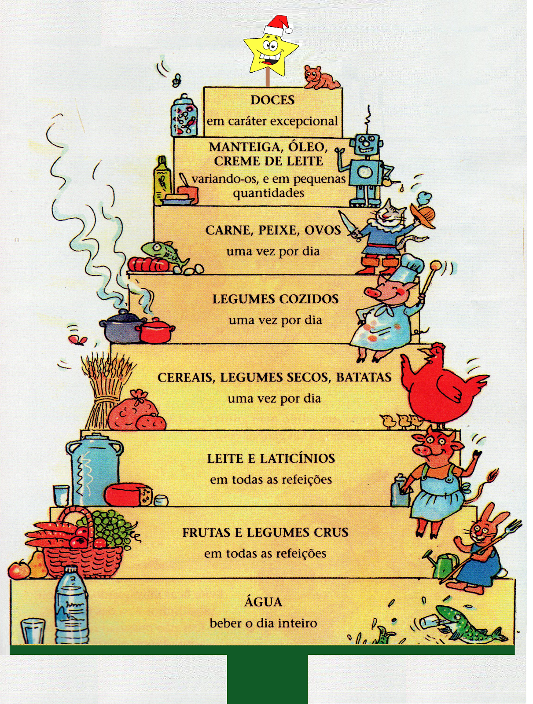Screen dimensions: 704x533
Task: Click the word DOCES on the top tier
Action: click(x=272, y=100)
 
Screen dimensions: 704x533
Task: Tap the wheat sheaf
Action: click(x=106, y=383)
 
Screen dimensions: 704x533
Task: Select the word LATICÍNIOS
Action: click(x=297, y=458)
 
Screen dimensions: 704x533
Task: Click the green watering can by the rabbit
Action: click(x=445, y=565)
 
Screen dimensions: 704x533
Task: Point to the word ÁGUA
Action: click(x=263, y=601)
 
